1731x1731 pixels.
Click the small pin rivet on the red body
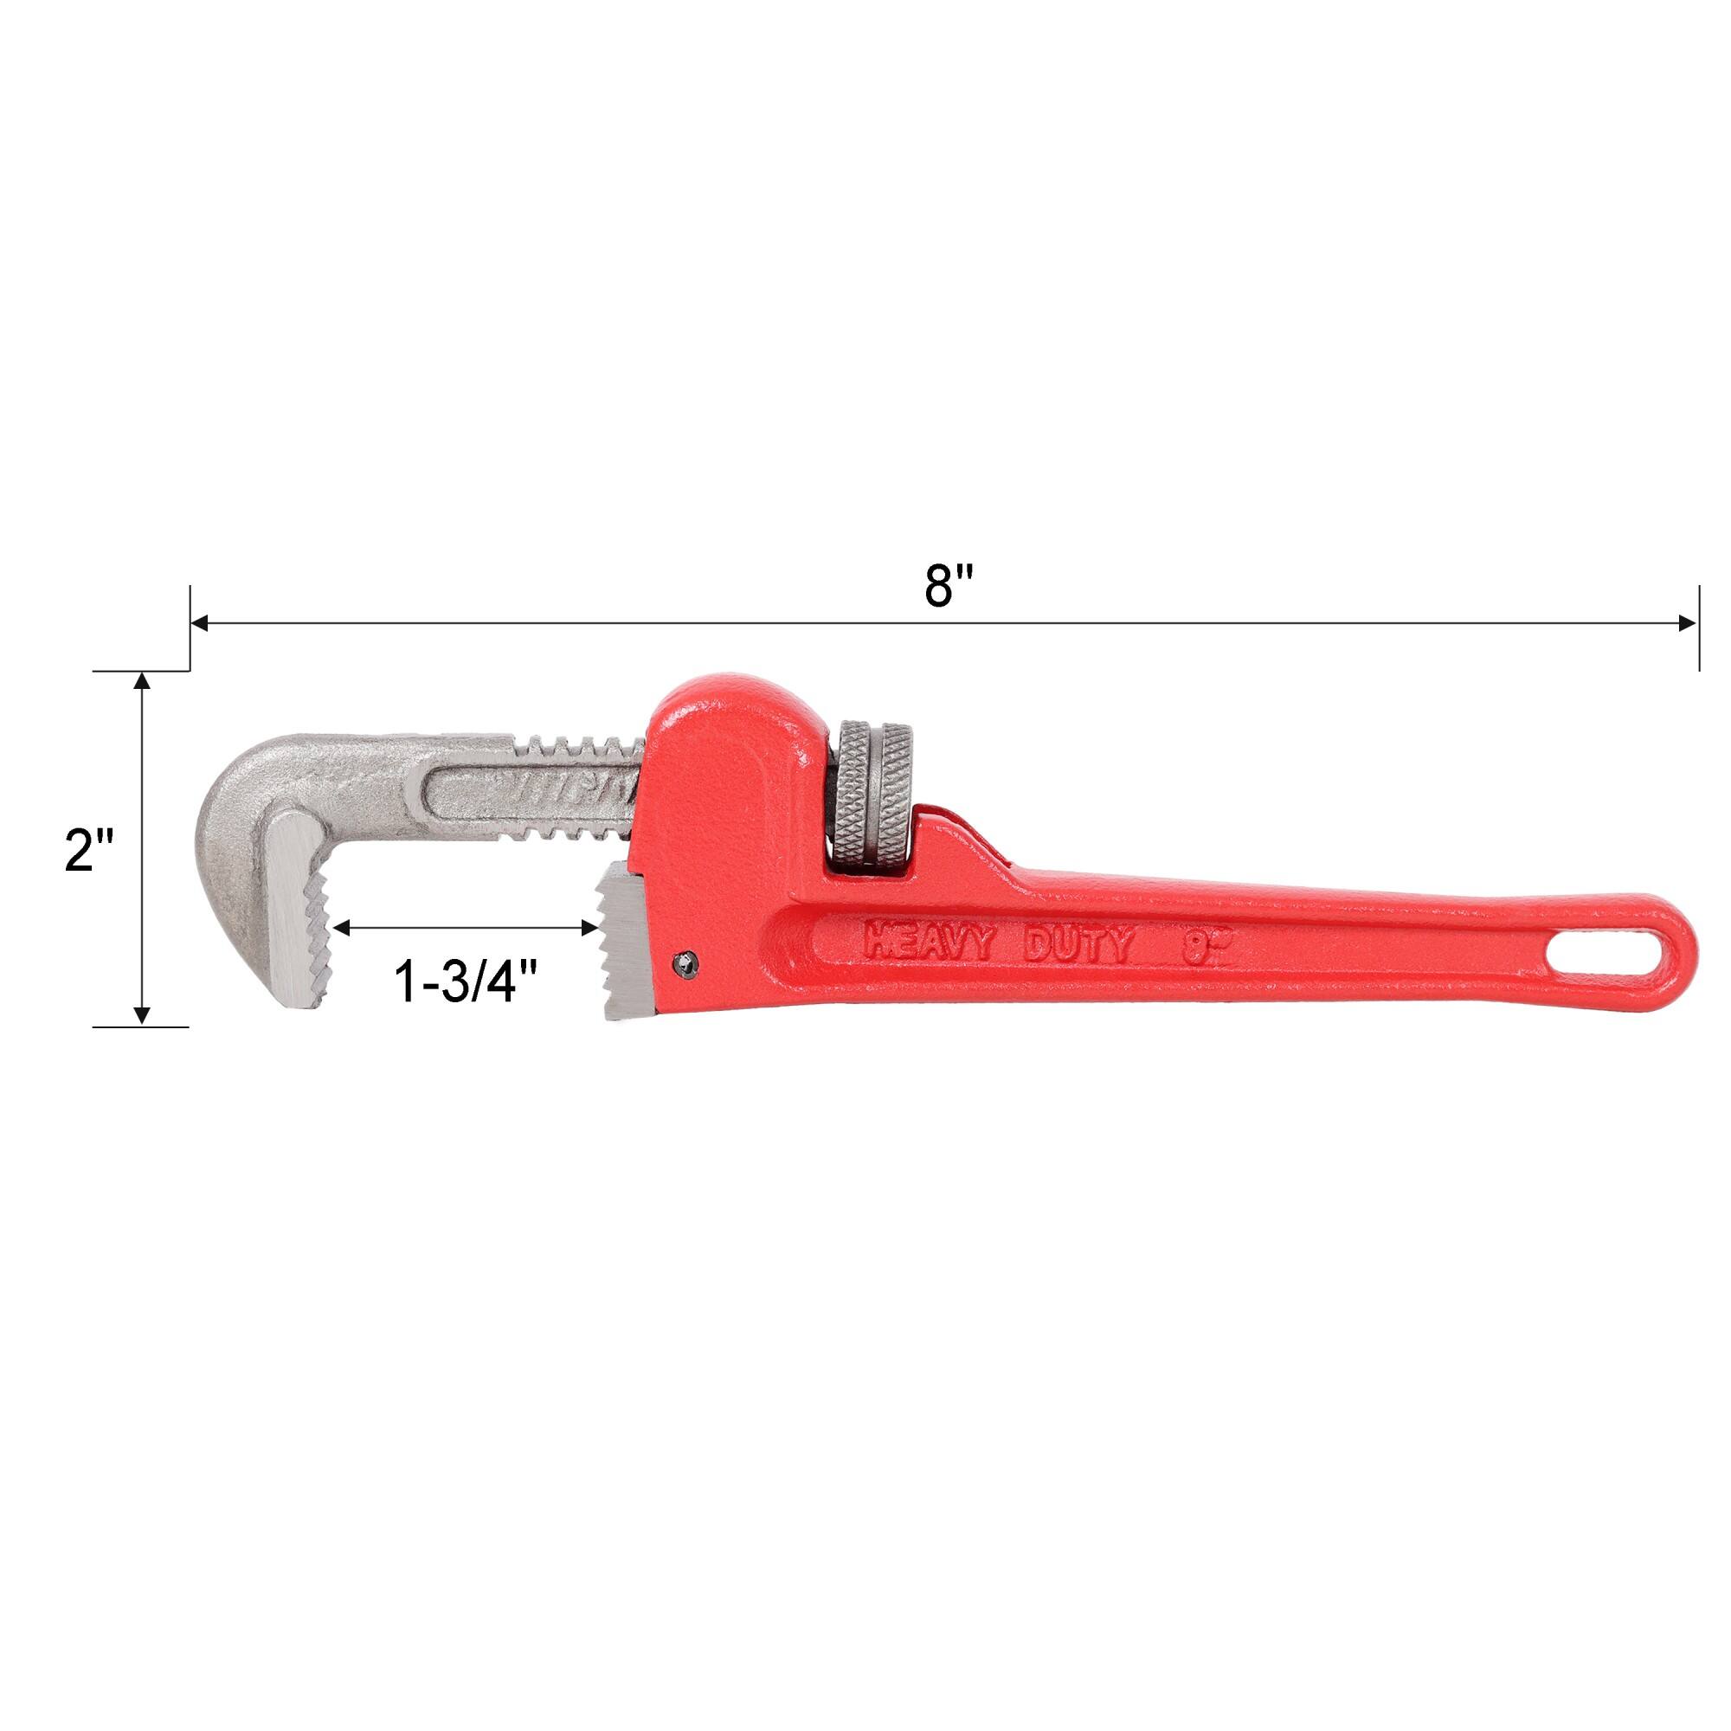coord(685,961)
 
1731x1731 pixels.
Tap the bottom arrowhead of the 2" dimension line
coord(141,1015)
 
